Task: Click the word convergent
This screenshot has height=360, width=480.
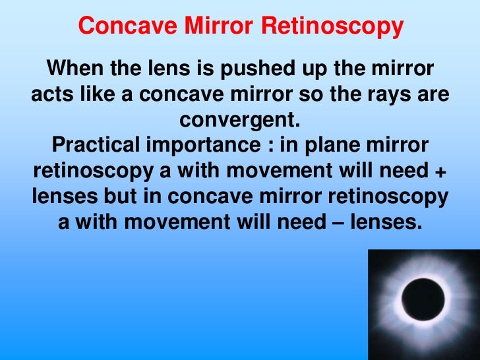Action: tap(240, 120)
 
